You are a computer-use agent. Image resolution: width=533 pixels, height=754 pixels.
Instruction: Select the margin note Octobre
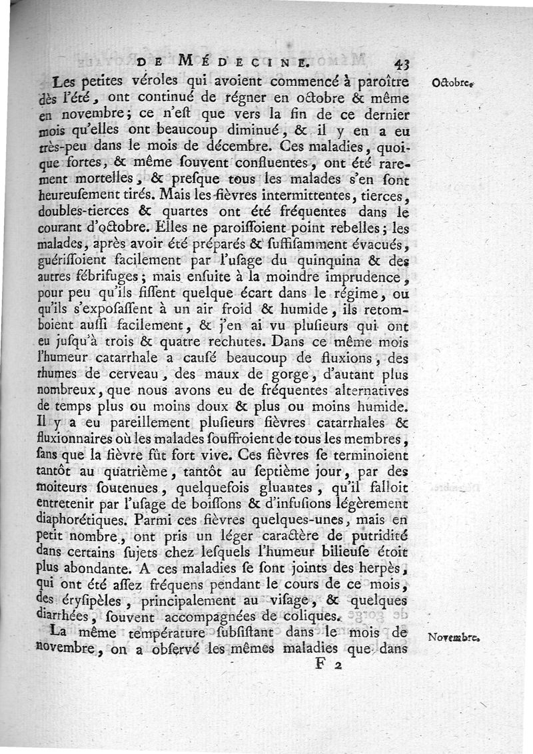pos(452,83)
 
